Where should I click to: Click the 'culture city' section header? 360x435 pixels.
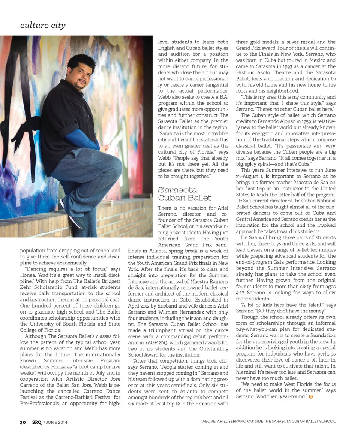[43, 25]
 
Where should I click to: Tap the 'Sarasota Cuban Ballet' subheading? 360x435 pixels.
[184, 193]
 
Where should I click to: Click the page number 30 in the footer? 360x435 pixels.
[23, 422]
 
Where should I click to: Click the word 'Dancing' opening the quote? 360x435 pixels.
[36, 269]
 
